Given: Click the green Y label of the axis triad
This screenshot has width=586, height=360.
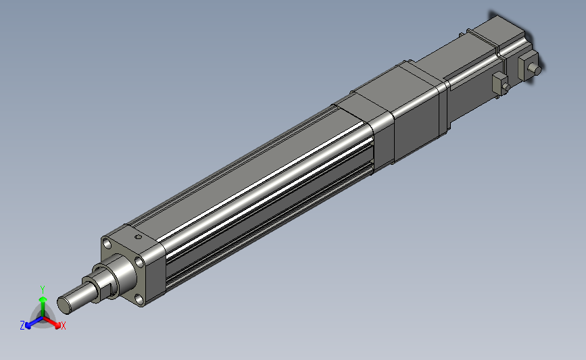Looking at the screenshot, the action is pos(43,290).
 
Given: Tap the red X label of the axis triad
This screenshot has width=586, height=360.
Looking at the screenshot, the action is pos(63,326).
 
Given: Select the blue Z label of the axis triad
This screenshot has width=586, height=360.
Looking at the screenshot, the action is pos(22,326).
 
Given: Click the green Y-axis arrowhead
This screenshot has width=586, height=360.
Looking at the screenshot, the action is pos(43,299).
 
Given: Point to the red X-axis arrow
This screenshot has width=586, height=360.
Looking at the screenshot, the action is pos(51,322).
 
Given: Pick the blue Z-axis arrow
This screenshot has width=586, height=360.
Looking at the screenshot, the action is pos(34,322).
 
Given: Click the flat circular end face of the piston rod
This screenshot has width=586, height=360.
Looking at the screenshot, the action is pos(64,305).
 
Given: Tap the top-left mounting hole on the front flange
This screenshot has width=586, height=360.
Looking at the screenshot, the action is pos(107,244).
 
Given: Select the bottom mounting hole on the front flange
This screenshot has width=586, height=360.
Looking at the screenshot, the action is pos(139,299).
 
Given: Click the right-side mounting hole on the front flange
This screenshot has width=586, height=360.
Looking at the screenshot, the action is pos(139,262).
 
